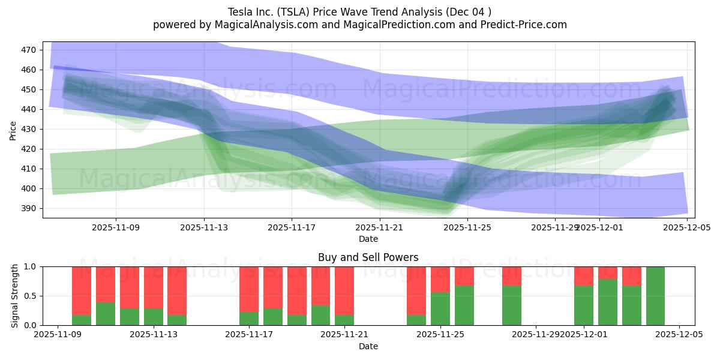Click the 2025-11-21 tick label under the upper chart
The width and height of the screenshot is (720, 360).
tap(380, 228)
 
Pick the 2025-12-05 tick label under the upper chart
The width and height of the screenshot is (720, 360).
tap(687, 228)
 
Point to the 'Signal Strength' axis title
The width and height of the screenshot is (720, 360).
tap(15, 296)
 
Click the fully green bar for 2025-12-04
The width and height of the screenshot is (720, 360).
tap(655, 296)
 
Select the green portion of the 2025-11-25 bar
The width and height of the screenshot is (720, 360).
tap(440, 309)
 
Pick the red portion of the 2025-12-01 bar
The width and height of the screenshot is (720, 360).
tap(584, 275)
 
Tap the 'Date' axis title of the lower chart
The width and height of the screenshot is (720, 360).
tap(368, 346)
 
